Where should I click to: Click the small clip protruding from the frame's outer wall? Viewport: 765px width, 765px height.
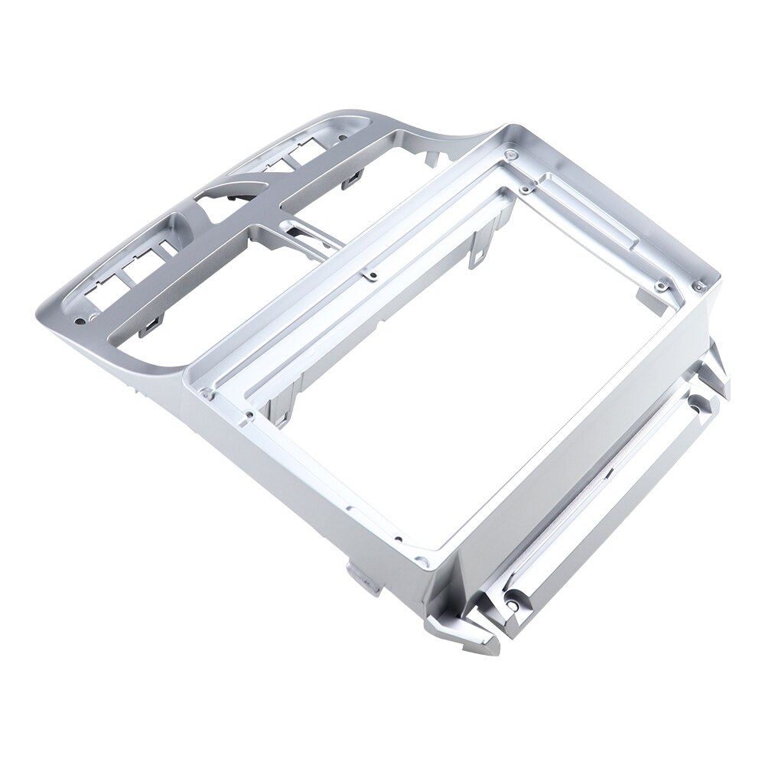(359, 573)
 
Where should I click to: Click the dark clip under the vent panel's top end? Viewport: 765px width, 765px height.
(353, 179)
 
